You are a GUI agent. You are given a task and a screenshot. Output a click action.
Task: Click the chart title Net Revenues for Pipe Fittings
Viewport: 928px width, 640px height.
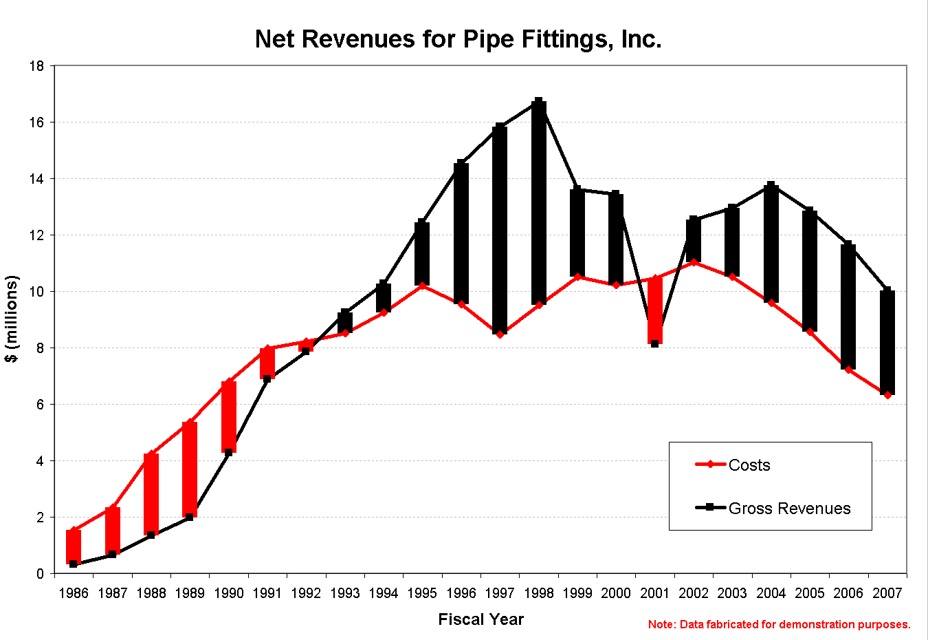458,39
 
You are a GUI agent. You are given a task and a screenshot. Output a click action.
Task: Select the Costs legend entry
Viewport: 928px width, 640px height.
749,465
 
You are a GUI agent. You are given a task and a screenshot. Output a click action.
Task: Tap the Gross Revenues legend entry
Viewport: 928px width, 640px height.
789,509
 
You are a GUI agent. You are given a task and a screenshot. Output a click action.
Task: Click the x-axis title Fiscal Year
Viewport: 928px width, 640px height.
480,619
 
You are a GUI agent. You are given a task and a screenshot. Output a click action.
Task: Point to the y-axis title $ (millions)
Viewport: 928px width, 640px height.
12,319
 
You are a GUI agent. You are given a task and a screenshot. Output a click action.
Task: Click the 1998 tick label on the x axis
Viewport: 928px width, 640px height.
538,593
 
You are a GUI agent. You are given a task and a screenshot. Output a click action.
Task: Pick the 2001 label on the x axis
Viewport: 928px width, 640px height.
654,593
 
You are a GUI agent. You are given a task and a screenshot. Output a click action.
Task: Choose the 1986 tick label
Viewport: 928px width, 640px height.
74,593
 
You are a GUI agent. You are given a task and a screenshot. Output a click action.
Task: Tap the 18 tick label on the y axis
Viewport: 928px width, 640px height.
36,66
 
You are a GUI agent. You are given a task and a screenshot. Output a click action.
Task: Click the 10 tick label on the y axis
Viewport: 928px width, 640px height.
36,292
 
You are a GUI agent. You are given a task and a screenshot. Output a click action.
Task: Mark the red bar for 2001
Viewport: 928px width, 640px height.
655,310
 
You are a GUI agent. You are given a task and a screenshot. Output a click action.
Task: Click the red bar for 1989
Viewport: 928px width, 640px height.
190,469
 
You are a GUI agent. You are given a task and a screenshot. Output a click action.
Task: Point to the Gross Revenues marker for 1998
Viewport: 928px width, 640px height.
539,102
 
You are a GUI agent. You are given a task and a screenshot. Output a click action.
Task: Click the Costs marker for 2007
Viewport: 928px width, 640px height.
887,395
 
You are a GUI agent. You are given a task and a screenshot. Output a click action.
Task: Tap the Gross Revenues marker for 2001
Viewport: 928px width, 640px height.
655,343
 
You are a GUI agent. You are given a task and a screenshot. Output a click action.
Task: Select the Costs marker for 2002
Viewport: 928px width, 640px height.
694,262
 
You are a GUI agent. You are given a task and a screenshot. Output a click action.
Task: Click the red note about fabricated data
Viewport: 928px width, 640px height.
779,625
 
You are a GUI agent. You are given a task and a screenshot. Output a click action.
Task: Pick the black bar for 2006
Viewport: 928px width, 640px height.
848,306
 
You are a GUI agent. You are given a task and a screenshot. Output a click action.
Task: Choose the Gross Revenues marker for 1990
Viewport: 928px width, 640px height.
229,453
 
